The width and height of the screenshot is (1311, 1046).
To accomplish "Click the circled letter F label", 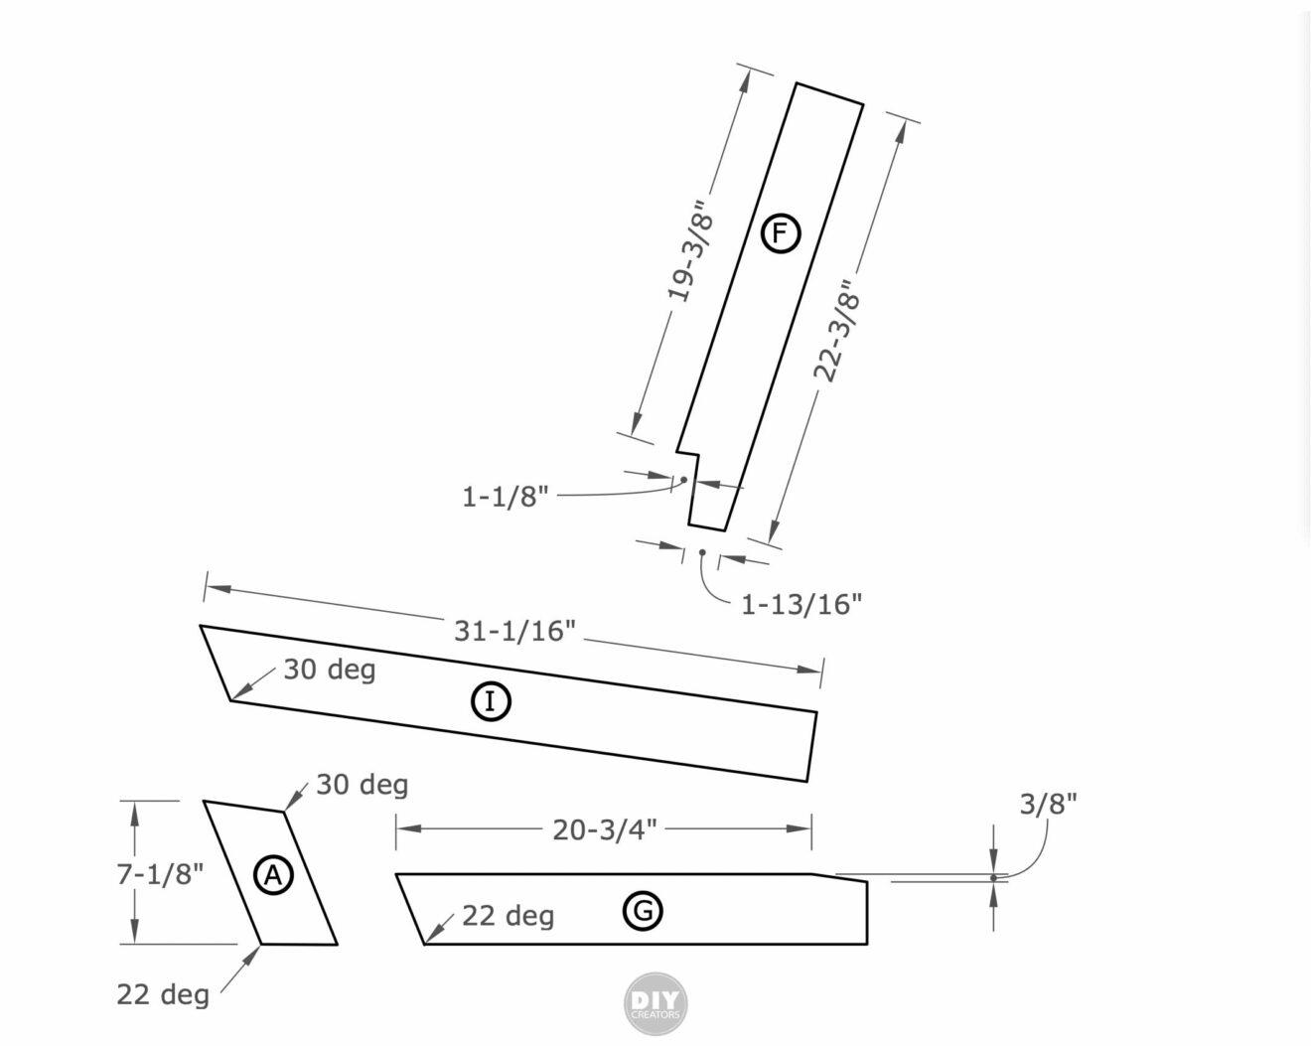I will point(780,234).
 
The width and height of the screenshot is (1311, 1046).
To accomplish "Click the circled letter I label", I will point(490,701).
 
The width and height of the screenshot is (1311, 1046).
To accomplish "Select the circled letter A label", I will point(273,875).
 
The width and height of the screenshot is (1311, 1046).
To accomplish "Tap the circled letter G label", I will point(643,910).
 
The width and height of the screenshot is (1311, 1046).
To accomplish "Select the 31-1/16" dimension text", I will point(514,630).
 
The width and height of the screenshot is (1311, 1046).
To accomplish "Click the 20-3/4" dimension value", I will point(604,829).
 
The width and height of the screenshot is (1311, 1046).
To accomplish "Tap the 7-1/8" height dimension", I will point(161,873).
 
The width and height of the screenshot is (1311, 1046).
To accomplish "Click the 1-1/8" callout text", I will point(505,496).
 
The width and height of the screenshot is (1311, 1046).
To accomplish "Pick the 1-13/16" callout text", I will point(801,604).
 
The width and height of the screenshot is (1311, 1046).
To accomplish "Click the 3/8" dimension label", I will point(1048,804).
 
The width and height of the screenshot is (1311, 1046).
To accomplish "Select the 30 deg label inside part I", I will point(330,670).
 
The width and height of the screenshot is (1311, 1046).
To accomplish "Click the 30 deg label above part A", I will point(362,785).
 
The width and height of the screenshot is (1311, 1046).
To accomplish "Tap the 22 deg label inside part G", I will point(508,915).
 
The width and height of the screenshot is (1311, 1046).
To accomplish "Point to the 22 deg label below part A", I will point(163,993).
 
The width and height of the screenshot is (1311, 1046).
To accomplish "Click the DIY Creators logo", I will point(655,1005).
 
